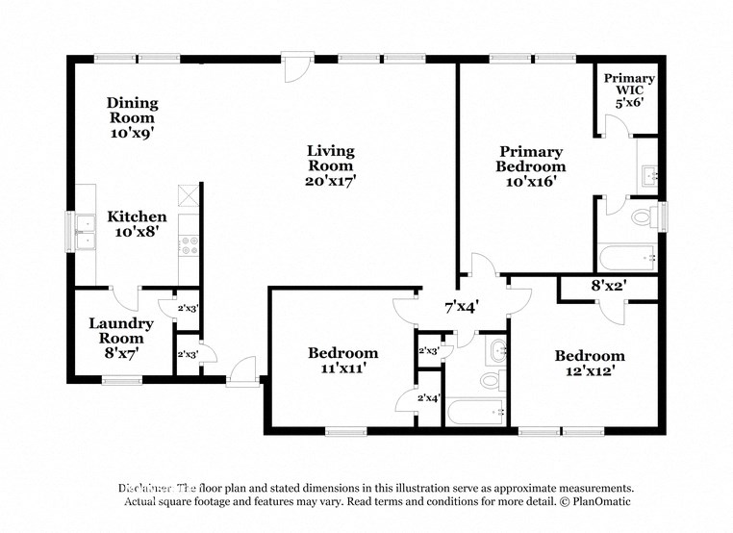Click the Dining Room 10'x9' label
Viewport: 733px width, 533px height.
[132, 117]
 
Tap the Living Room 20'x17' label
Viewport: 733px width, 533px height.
[330, 165]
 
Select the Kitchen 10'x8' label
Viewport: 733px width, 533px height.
[136, 224]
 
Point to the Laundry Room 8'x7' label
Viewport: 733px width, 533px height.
[121, 338]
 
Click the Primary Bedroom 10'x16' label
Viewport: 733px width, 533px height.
[530, 165]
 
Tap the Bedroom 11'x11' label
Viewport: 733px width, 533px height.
[342, 360]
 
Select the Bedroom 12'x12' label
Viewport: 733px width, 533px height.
[589, 363]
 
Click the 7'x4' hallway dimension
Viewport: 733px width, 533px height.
[461, 307]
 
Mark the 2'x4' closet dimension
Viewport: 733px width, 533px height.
[428, 397]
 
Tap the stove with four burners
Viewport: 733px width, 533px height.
[189, 244]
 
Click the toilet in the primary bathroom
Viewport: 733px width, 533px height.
[645, 216]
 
